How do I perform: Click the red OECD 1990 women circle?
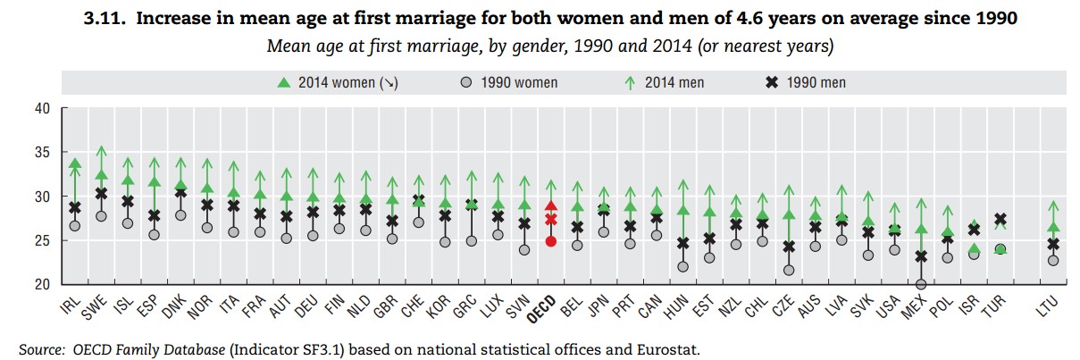coord(551,241)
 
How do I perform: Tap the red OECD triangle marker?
coord(551,206)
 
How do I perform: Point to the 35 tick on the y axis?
coord(43,153)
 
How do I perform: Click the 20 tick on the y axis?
coord(43,285)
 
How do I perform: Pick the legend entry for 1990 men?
coord(806,82)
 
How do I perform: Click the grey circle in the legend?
coord(465,82)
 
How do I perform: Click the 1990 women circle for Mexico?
coord(921,285)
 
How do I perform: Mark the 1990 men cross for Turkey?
coord(1001,219)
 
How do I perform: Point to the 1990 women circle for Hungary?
coord(683,266)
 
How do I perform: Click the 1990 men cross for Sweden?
coord(102,193)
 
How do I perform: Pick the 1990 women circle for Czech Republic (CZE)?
coord(789,270)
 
